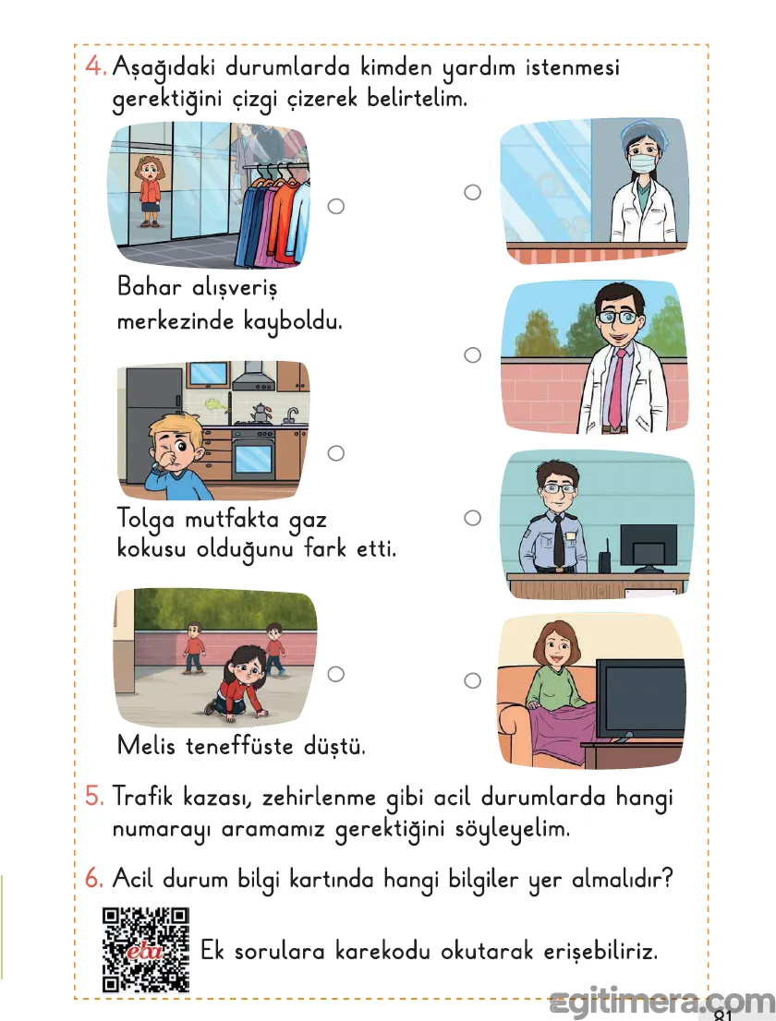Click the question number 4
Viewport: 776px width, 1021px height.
[93, 67]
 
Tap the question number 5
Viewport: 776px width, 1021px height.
[93, 796]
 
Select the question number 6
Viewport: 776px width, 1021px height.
[93, 879]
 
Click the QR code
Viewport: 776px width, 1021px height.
[146, 949]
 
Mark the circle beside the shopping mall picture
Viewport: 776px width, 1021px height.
[336, 206]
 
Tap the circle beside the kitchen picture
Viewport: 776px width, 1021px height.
[336, 452]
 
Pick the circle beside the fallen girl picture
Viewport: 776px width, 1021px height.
[336, 674]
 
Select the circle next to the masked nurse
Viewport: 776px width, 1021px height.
[472, 192]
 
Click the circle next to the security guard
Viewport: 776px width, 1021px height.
[472, 518]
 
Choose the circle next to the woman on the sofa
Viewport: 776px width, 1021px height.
[472, 680]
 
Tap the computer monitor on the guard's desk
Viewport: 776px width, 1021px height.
[649, 547]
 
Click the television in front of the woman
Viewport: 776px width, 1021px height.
[639, 700]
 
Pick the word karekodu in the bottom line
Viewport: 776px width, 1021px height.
[385, 951]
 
